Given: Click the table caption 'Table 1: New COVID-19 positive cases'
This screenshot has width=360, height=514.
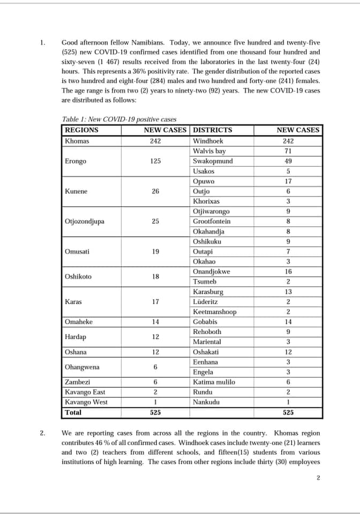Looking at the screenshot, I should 119,119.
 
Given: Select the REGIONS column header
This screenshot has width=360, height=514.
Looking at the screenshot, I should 81,130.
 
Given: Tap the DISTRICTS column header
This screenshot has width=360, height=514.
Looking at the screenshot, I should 212,130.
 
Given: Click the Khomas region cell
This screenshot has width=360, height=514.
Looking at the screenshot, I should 77,141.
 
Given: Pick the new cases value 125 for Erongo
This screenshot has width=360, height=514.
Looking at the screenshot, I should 155,161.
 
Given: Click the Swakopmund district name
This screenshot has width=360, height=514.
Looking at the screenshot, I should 213,161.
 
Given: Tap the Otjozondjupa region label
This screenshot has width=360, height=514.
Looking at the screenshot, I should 84,222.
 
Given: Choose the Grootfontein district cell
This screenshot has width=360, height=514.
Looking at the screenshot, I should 212,222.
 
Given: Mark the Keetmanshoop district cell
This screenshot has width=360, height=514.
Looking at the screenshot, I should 214,312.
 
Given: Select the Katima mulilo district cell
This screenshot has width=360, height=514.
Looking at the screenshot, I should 214,382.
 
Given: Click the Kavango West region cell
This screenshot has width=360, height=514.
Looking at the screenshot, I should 86,402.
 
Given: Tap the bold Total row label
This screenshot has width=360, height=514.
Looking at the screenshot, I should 73,413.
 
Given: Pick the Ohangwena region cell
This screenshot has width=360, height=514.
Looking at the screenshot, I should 82,367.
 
